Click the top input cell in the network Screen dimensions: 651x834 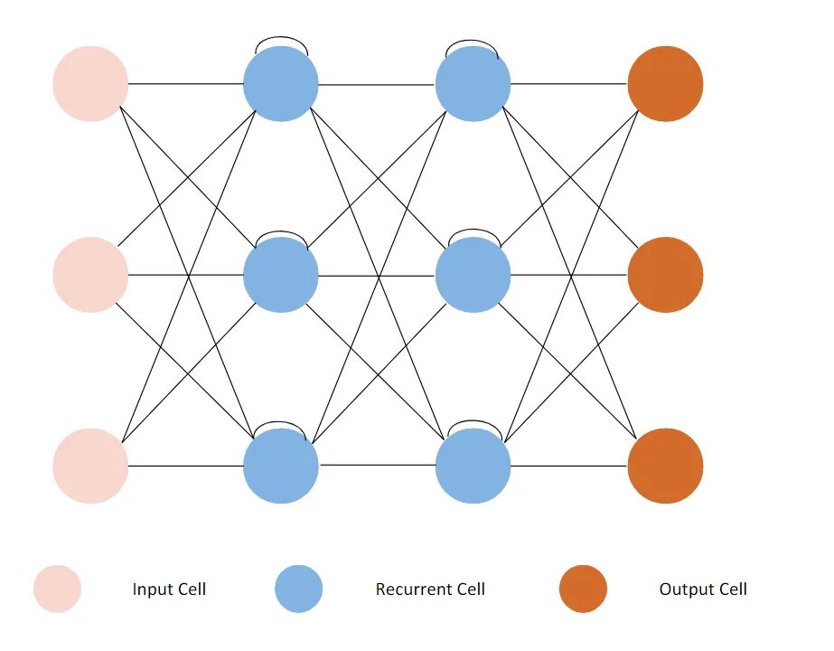(x=90, y=84)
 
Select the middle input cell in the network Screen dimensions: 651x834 (x=90, y=275)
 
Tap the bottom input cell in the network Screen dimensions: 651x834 (x=90, y=466)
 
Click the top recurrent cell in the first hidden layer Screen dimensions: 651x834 (x=281, y=84)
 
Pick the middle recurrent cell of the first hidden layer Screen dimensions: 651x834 (x=281, y=275)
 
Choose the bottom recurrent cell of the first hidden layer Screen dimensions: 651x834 (x=281, y=466)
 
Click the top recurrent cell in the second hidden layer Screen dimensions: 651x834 (x=473, y=84)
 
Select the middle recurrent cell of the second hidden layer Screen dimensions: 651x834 (x=473, y=275)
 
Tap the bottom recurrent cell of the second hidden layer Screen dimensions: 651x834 (x=473, y=466)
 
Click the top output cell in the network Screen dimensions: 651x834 (x=665, y=84)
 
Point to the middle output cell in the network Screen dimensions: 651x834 (x=665, y=275)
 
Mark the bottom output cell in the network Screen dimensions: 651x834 (x=665, y=466)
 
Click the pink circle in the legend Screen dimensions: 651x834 (x=58, y=590)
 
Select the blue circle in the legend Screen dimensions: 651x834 (x=299, y=590)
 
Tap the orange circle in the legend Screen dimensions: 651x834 (x=583, y=590)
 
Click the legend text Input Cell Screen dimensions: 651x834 (x=169, y=590)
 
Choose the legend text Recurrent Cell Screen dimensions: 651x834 (x=430, y=590)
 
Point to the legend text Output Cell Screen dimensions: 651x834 (x=703, y=590)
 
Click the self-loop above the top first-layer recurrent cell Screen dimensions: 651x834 (x=281, y=39)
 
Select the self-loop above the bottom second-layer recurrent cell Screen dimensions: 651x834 (x=473, y=421)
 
